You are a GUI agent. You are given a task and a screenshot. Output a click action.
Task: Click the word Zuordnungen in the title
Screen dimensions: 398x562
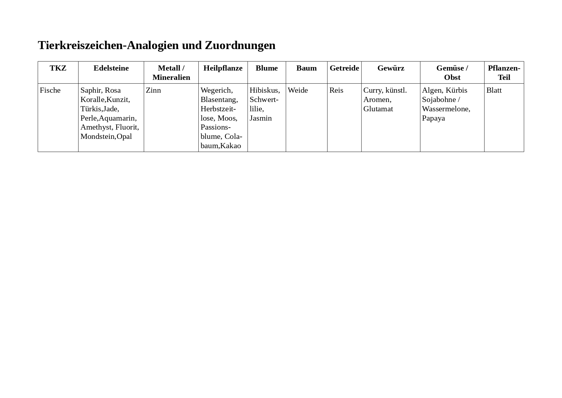(x=240, y=46)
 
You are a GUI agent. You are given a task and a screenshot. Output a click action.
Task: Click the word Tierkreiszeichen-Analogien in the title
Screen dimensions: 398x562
(x=108, y=46)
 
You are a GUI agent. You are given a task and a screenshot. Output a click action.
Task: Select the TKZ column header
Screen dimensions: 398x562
(x=58, y=68)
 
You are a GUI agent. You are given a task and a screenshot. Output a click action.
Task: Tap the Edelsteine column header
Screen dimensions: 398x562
(x=111, y=68)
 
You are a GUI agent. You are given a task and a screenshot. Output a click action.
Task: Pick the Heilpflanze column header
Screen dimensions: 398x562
(x=223, y=68)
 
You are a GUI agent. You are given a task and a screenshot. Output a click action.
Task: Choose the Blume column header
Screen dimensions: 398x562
(x=267, y=68)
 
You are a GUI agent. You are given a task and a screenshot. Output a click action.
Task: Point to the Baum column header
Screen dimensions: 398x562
(x=306, y=68)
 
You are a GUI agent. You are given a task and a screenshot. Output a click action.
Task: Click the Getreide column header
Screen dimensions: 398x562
(x=344, y=68)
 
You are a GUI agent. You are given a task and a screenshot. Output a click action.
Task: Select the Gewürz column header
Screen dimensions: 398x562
(x=391, y=68)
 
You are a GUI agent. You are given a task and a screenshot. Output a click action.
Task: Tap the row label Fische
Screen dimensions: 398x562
(x=50, y=90)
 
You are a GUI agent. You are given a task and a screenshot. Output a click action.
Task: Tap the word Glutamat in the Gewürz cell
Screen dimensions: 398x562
(x=378, y=109)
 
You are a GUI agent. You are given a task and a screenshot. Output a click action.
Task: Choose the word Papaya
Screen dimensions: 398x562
(x=433, y=118)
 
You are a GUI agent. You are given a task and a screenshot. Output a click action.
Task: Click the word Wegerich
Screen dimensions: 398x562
(x=216, y=90)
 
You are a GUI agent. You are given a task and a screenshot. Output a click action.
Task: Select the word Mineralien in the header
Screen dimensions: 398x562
(x=171, y=78)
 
